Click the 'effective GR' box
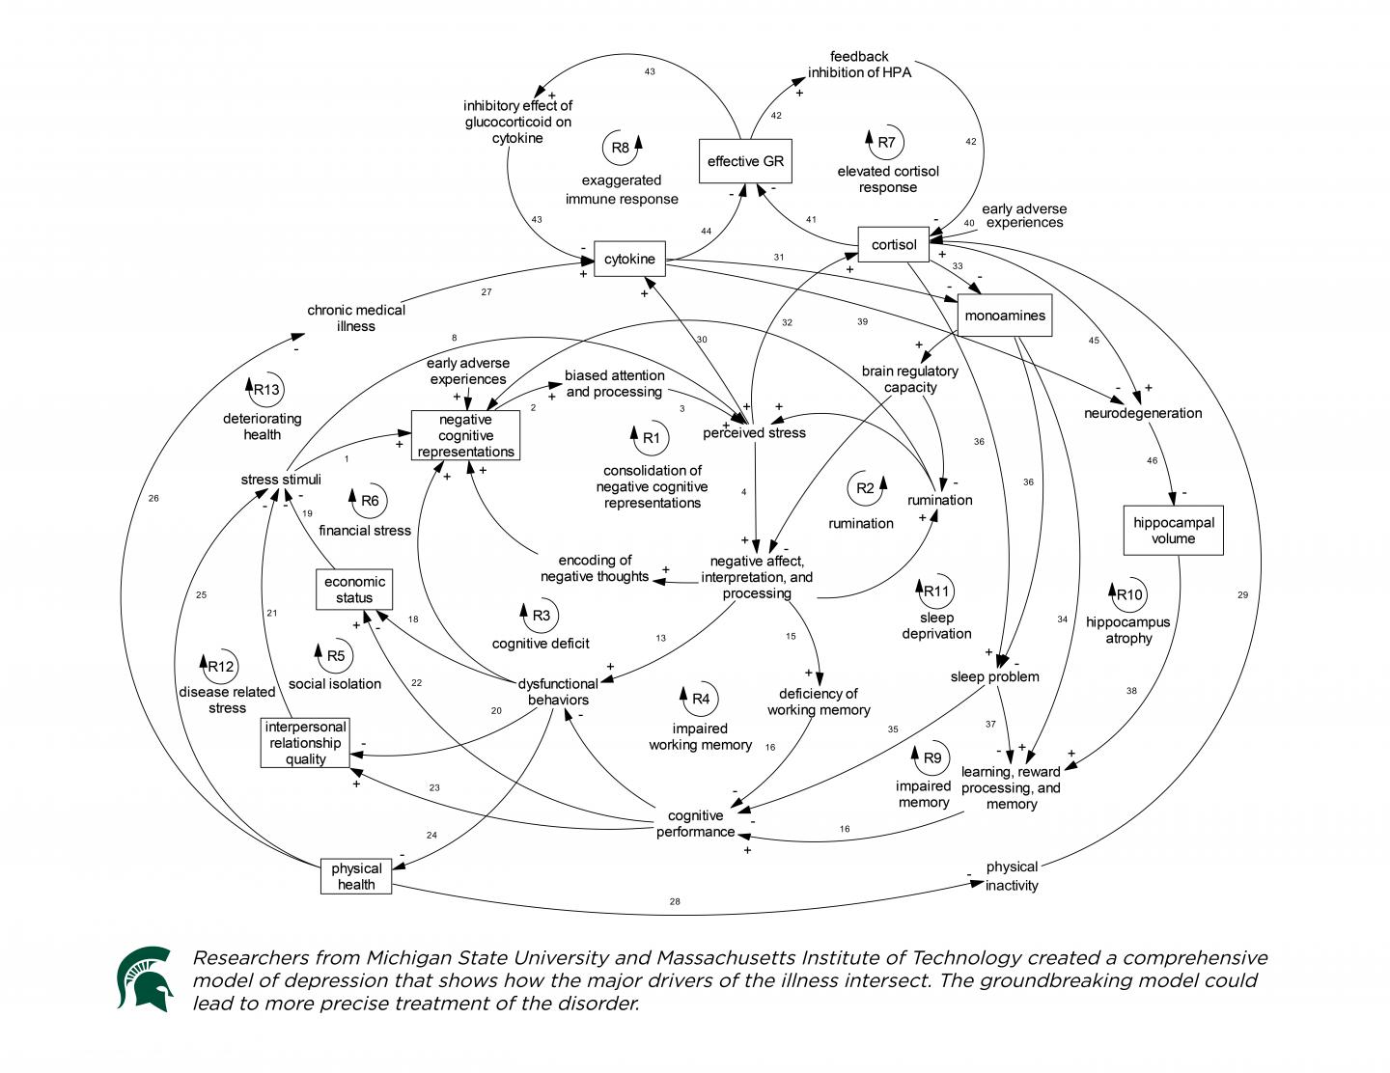745,161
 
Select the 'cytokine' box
629,259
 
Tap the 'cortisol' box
894,244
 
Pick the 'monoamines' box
1005,316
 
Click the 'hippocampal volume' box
1173,531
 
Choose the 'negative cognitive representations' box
465,435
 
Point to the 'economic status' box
354,590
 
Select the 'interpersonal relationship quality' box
305,743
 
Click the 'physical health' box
356,876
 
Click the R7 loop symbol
885,143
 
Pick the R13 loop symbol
265,390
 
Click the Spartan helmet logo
145,978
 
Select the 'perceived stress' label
754,432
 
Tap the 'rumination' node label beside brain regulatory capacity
939,500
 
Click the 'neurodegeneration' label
1143,413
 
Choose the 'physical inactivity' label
1012,876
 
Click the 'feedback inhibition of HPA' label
859,65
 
